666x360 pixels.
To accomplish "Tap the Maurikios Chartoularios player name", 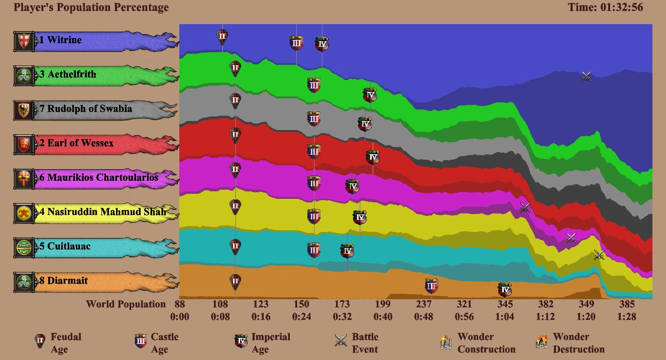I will click(102, 178).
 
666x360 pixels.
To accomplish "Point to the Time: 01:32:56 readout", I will click(605, 8).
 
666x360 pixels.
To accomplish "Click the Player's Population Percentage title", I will click(91, 8).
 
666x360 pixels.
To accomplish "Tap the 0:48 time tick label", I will click(423, 317).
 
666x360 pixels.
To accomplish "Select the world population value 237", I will click(423, 304).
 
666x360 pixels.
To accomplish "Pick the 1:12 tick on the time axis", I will click(545, 317).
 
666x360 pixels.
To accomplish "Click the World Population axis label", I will click(126, 304).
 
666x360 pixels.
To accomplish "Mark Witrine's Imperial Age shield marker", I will click(322, 44).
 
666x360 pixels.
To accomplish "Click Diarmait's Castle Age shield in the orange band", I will click(431, 286).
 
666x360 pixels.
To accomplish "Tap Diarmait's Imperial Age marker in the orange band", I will click(505, 290).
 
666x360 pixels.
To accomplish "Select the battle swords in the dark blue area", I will click(586, 76).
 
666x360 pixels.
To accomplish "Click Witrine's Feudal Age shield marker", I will click(223, 36).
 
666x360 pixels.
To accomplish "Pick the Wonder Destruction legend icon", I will click(541, 341).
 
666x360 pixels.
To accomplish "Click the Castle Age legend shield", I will click(140, 341).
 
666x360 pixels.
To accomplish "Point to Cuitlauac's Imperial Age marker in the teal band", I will click(347, 251).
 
